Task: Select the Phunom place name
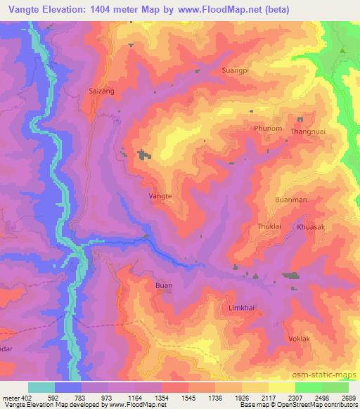[x=268, y=129]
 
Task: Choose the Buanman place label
[x=291, y=200]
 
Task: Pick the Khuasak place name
[x=310, y=228]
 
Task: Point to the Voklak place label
[x=299, y=339]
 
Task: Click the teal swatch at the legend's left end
[x=41, y=387]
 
